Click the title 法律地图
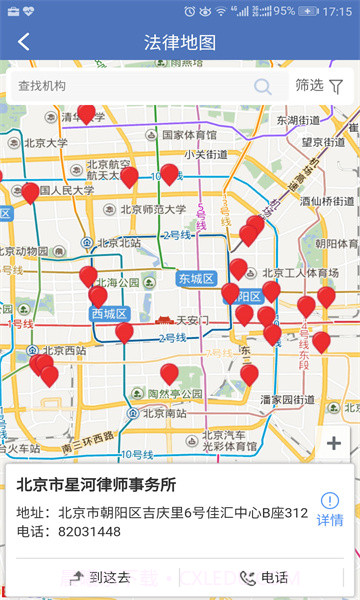[180, 42]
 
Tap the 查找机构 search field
[130, 86]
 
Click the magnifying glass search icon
[263, 86]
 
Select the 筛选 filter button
[319, 86]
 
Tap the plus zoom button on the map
[334, 443]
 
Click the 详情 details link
[330, 510]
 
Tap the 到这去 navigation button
[102, 577]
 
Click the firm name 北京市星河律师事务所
[96, 485]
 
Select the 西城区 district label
[109, 314]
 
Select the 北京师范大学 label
[152, 210]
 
